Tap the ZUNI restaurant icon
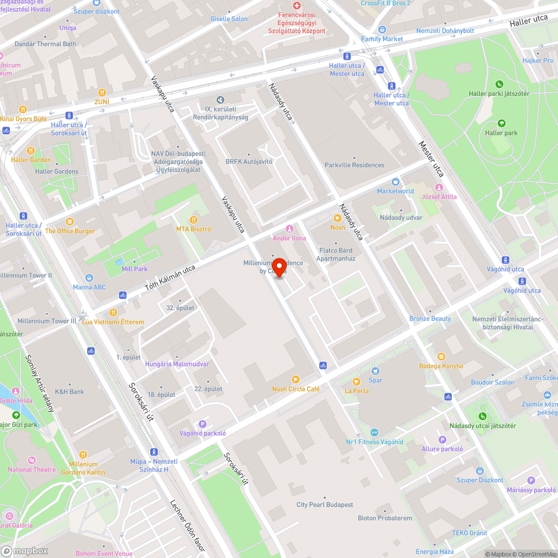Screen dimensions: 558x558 pyautogui.click(x=102, y=93)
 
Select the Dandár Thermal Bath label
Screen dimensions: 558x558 pyautogui.click(x=45, y=44)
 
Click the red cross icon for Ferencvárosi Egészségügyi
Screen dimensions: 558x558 pyautogui.click(x=296, y=5)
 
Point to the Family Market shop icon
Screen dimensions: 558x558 pyautogui.click(x=382, y=30)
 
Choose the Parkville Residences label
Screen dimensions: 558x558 pyautogui.click(x=354, y=165)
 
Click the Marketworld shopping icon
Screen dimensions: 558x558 pyautogui.click(x=396, y=182)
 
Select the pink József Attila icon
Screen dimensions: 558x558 pyautogui.click(x=439, y=187)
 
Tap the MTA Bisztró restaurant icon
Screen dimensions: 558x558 pyautogui.click(x=194, y=220)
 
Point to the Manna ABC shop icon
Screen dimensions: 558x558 pyautogui.click(x=89, y=278)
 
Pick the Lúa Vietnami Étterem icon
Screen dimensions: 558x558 pyautogui.click(x=113, y=312)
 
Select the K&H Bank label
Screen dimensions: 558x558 pyautogui.click(x=69, y=392)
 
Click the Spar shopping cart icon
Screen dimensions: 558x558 pyautogui.click(x=376, y=371)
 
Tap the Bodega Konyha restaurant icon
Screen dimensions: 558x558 pyautogui.click(x=441, y=357)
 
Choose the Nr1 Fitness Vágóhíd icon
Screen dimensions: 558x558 pyautogui.click(x=374, y=432)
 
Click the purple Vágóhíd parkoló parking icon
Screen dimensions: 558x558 pyautogui.click(x=203, y=424)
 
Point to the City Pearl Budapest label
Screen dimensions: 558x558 pyautogui.click(x=325, y=505)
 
